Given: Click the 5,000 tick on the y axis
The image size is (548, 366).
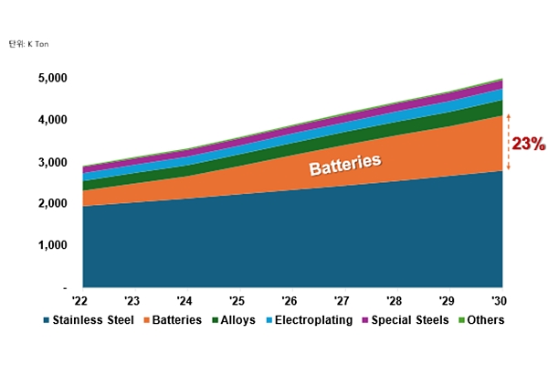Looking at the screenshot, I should [x=52, y=79].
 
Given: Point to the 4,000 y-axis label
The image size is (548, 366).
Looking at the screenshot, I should [x=52, y=120].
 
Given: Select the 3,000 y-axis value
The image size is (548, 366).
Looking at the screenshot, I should [x=52, y=162].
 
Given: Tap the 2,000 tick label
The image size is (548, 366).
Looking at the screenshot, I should [x=52, y=203].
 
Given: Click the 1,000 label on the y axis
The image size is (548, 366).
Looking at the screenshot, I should [x=52, y=245].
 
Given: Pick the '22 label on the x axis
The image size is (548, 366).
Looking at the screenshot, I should [x=81, y=300].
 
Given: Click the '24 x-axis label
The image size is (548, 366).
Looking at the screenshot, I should [x=185, y=300].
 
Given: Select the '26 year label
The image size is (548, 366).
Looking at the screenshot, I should [x=290, y=300].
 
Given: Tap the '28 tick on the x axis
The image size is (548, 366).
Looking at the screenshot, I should [x=395, y=300].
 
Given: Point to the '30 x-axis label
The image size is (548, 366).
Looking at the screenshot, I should [x=499, y=300].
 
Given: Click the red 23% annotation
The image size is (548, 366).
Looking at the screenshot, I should [x=527, y=144].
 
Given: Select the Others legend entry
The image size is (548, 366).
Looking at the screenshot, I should [x=480, y=320].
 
